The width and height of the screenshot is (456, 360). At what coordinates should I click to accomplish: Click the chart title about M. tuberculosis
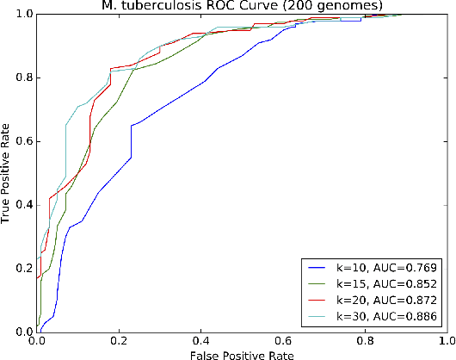[x=241, y=7]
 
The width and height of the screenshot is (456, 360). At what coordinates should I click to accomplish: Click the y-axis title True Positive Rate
[x=8, y=173]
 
